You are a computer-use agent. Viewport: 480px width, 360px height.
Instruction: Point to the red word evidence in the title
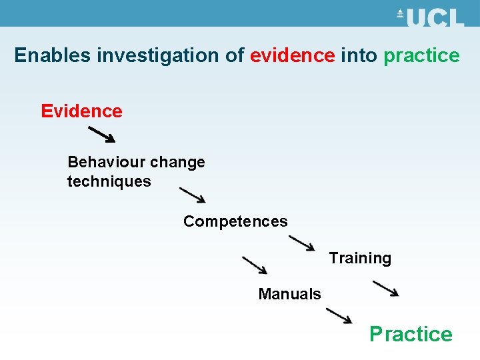coord(292,55)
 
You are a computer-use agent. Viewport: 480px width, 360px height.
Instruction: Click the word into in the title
coord(359,55)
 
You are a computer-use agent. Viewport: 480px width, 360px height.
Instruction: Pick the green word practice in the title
coord(421,56)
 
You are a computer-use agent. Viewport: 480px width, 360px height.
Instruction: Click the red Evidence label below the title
coord(81,111)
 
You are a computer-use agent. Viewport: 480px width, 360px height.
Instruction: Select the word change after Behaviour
coord(178,163)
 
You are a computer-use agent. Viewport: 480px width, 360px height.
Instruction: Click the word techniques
coord(109,181)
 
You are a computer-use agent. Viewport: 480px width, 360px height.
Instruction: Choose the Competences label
coord(235,221)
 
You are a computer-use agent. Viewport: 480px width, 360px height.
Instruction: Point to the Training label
coord(360,258)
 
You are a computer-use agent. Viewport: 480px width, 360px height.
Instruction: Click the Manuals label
coord(289,294)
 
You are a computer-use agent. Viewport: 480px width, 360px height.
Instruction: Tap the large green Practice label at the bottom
coord(411,333)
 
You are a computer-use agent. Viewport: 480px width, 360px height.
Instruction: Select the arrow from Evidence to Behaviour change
coord(102,135)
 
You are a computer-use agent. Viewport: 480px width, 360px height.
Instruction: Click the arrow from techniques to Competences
coord(193,195)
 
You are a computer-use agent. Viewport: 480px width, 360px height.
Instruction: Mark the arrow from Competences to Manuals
coord(254,265)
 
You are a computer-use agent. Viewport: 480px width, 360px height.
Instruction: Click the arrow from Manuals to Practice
coord(339,315)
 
